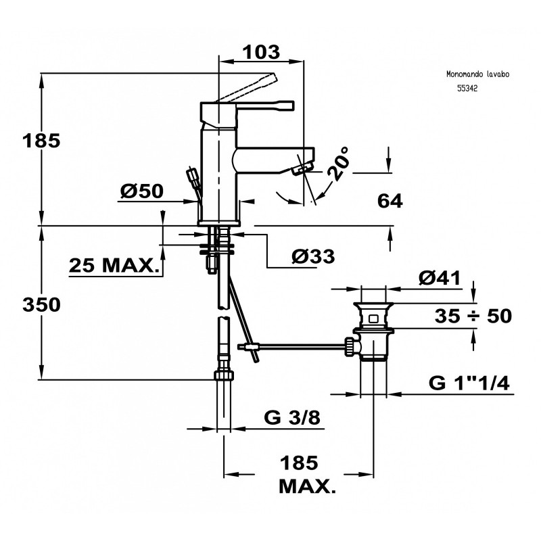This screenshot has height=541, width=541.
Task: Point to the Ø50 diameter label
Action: coord(143,191)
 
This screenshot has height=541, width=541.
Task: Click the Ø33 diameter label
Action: coord(313,256)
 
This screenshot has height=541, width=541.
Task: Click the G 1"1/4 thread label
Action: coord(469,383)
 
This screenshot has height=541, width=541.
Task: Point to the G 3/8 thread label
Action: coord(293,418)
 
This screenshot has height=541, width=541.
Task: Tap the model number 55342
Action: coord(467,89)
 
